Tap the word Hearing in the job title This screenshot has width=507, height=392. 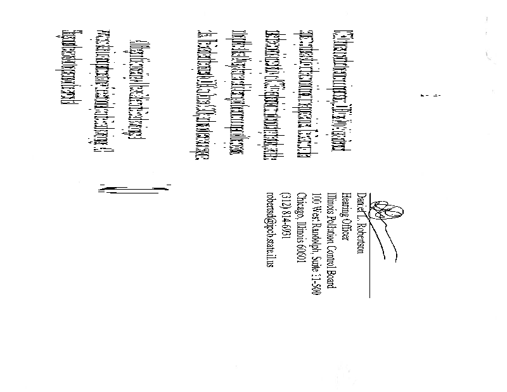click(x=347, y=204)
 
